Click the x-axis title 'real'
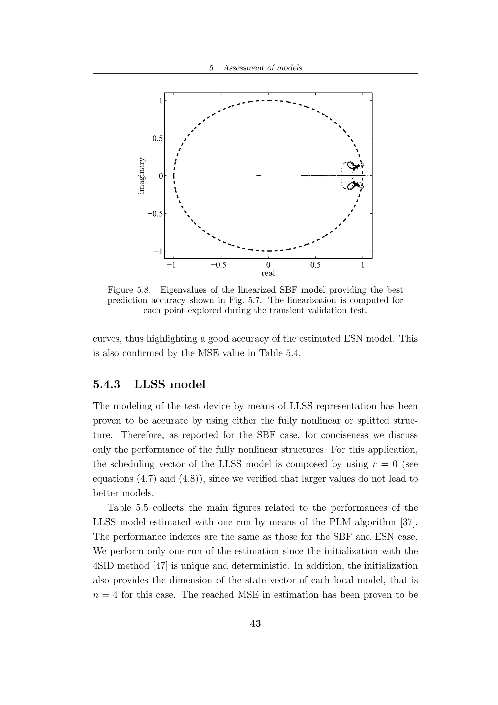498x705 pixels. pos(268,273)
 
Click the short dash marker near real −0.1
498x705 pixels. pos(258,176)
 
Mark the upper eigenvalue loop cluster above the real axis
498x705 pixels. pos(352,166)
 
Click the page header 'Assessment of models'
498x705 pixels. pos(262,68)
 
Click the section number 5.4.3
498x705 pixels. pos(107,384)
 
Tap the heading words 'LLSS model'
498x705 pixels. pos(170,384)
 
